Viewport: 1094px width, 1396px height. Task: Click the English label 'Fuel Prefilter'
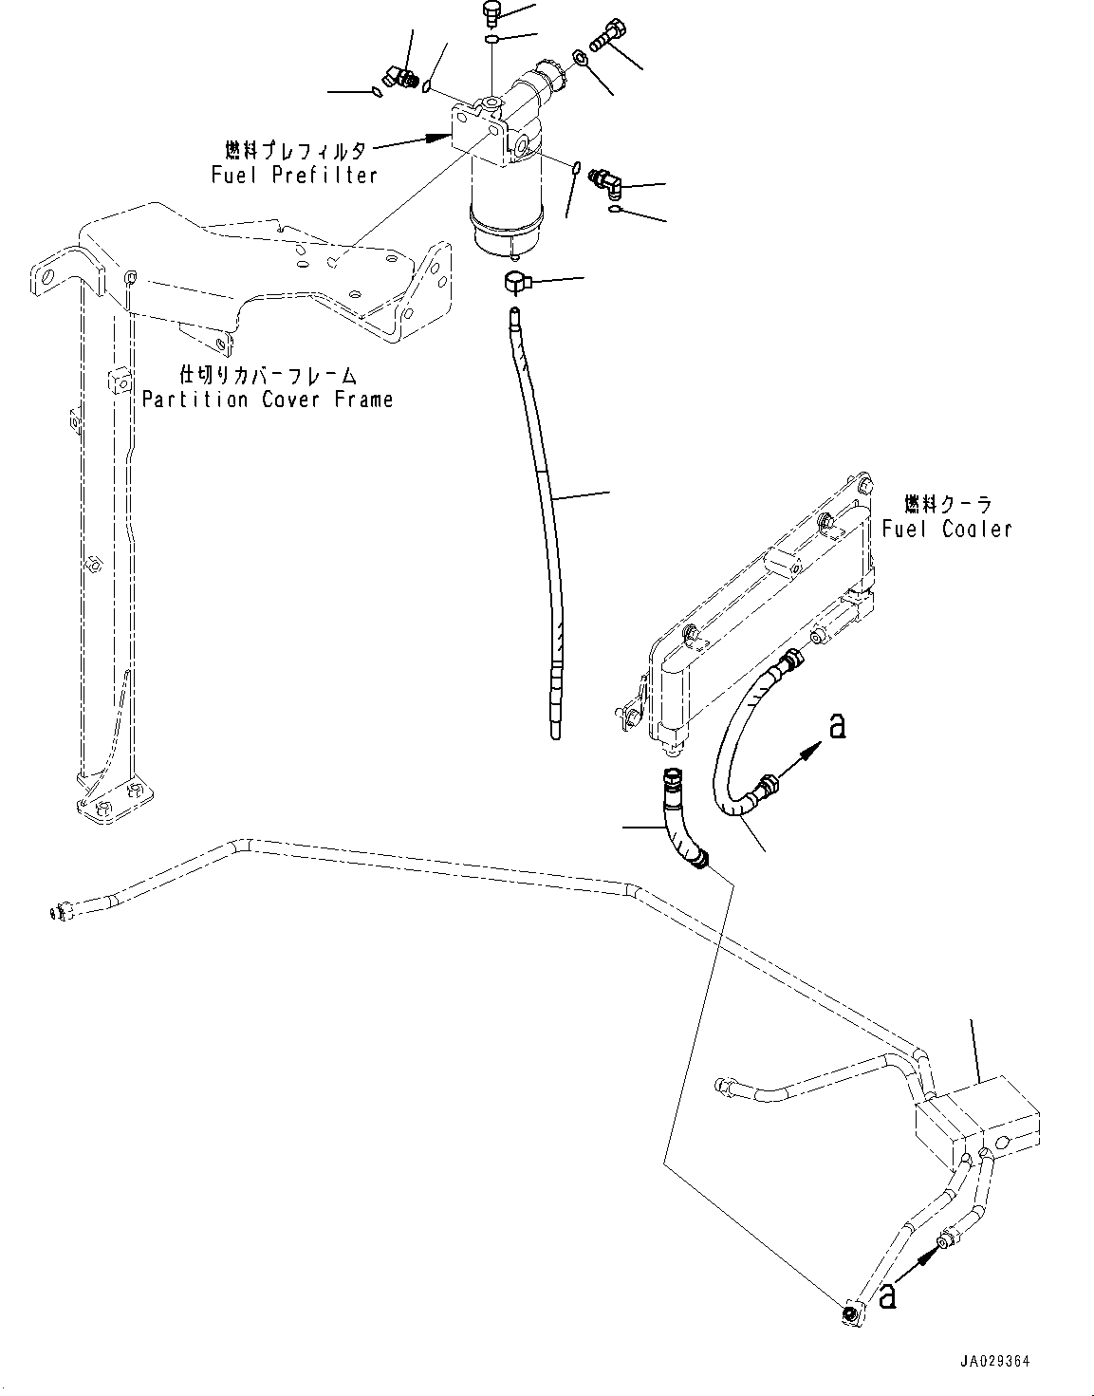coord(281,175)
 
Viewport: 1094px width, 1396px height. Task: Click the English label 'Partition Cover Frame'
coord(267,399)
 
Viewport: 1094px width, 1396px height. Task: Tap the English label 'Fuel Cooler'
coord(946,529)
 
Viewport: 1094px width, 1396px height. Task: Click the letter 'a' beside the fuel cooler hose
coord(836,727)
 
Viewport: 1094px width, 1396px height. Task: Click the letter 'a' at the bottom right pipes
coord(888,1295)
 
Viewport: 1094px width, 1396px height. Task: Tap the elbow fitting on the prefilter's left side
coord(392,77)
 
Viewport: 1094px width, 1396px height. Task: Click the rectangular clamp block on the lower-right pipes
coord(977,1120)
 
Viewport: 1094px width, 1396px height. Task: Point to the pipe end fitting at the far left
coord(59,913)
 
